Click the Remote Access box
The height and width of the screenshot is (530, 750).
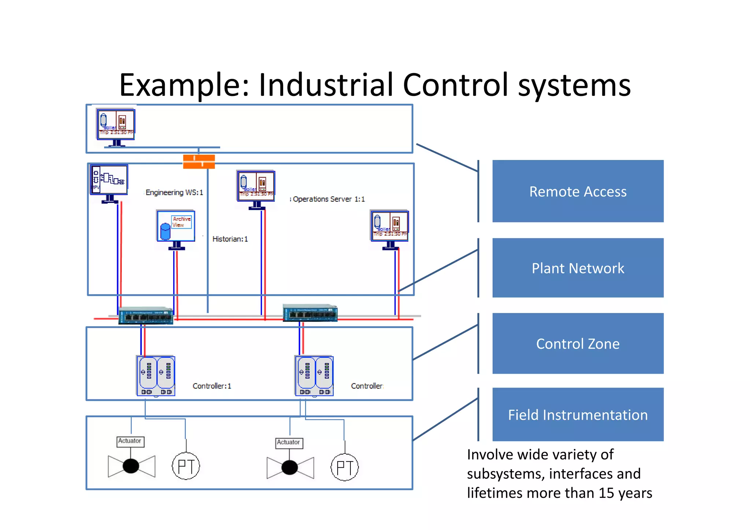click(578, 191)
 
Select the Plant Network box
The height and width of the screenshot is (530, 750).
click(578, 268)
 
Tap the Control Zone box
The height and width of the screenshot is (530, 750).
click(578, 343)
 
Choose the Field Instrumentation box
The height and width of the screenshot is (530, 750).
click(578, 414)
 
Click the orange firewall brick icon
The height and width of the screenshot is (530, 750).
click(199, 161)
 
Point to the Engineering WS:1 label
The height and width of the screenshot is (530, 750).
click(174, 193)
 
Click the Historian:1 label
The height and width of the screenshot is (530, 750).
click(230, 239)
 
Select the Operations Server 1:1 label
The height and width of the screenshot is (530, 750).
click(328, 199)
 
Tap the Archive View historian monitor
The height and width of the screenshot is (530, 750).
click(176, 226)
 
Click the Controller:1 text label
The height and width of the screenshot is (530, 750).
click(212, 386)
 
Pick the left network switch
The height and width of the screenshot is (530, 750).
click(146, 315)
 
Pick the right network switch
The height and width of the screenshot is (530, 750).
click(310, 313)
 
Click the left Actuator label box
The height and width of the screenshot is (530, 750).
click(130, 441)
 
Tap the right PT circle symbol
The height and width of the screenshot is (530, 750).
click(345, 467)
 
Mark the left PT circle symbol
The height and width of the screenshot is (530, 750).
click(186, 466)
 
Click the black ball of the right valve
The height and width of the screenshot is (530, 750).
click(290, 467)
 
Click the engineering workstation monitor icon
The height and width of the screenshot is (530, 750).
click(109, 180)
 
